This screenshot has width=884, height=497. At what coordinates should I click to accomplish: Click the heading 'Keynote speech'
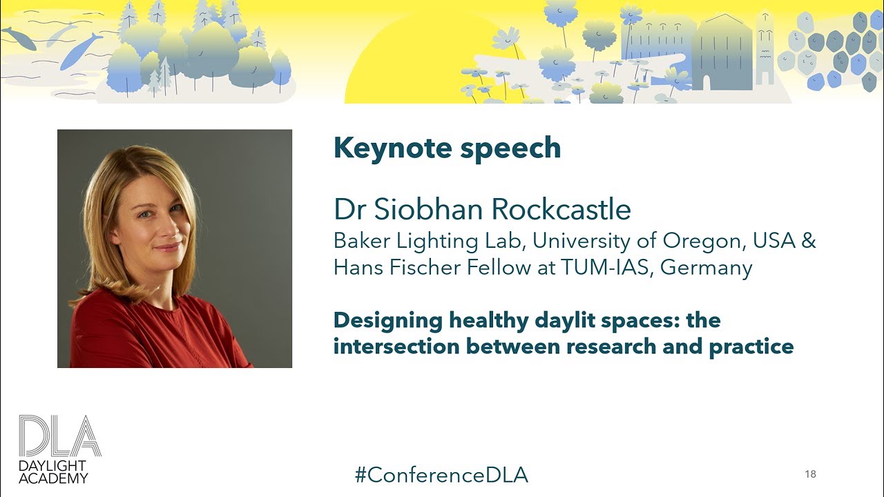pyautogui.click(x=447, y=148)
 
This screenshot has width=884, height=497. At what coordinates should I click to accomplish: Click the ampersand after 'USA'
pyautogui.click(x=809, y=241)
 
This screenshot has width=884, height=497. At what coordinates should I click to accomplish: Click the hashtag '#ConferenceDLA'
pyautogui.click(x=441, y=474)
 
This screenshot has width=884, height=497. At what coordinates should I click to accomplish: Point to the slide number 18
pyautogui.click(x=810, y=474)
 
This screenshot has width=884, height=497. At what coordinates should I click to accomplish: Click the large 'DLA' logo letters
pyautogui.click(x=59, y=436)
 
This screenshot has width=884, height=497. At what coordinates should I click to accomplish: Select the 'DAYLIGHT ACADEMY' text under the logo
pyautogui.click(x=53, y=472)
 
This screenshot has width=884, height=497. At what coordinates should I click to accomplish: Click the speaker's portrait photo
pyautogui.click(x=174, y=248)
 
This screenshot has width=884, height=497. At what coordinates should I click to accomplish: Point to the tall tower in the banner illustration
pyautogui.click(x=765, y=48)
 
